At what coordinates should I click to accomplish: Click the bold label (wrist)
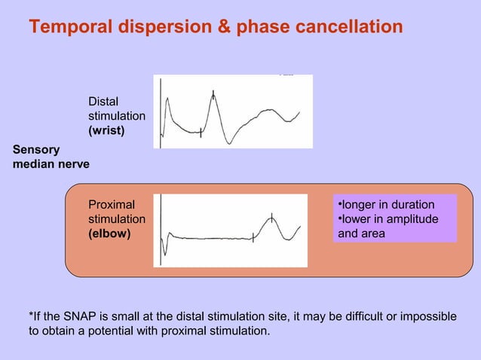tap(107, 130)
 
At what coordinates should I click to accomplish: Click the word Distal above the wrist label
tap(103, 101)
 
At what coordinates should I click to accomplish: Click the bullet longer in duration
tap(387, 205)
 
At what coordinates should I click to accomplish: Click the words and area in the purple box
tap(361, 233)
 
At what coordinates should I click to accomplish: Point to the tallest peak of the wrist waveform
tap(213, 93)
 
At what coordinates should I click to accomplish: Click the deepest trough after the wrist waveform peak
tap(231, 142)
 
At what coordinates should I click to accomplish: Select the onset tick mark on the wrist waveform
tap(201, 132)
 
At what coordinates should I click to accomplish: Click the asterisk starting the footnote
tap(31, 314)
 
